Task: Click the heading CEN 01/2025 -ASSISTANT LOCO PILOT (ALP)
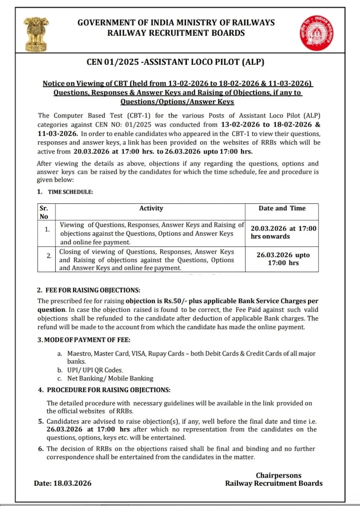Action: tap(175, 62)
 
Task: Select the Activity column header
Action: tap(151, 208)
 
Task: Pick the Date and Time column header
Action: tap(282, 208)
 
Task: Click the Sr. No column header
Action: tap(44, 212)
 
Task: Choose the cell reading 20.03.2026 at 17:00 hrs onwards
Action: tap(283, 232)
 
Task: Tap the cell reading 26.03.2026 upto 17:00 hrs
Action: tap(283, 259)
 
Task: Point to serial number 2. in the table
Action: tap(49, 256)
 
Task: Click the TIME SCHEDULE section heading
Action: tap(70, 192)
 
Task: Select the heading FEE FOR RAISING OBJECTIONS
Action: tap(93, 290)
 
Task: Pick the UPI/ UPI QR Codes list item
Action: tap(95, 370)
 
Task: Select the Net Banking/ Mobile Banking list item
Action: tap(110, 378)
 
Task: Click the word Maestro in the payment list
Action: tap(79, 354)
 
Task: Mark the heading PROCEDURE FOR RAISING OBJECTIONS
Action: tap(108, 390)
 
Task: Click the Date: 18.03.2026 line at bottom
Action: tap(63, 483)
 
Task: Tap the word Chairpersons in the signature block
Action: tap(278, 475)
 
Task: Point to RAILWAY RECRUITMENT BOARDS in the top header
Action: tap(176, 33)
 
